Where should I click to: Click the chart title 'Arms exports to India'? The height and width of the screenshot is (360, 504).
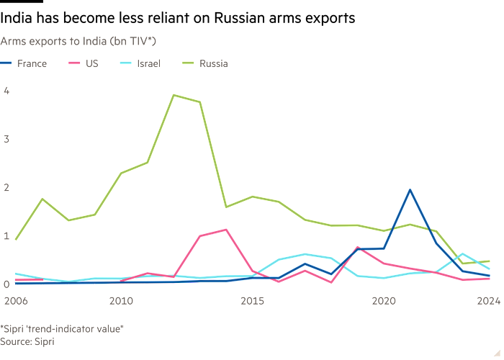[x=78, y=41]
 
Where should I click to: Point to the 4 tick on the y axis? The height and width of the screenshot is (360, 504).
[x=6, y=90]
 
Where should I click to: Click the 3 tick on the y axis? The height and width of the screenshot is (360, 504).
[x=6, y=138]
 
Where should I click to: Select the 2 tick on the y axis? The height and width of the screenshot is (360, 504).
[x=6, y=186]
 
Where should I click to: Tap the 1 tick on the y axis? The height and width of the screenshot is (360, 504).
[x=6, y=235]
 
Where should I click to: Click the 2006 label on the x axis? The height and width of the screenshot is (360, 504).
[x=15, y=300]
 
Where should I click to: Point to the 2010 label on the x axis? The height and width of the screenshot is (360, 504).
[x=120, y=300]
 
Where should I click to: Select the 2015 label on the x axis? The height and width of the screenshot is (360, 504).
[x=252, y=300]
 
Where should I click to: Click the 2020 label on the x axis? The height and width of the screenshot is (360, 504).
[x=384, y=300]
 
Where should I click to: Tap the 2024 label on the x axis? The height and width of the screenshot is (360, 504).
[x=488, y=300]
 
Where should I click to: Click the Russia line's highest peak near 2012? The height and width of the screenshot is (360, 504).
[x=173, y=94]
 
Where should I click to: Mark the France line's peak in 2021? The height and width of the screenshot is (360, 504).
[x=410, y=190]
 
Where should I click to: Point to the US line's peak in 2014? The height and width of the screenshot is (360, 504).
[x=226, y=230]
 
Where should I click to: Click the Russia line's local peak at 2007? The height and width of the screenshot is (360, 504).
[x=42, y=198]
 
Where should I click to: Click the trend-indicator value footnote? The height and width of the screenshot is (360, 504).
[x=62, y=329]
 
